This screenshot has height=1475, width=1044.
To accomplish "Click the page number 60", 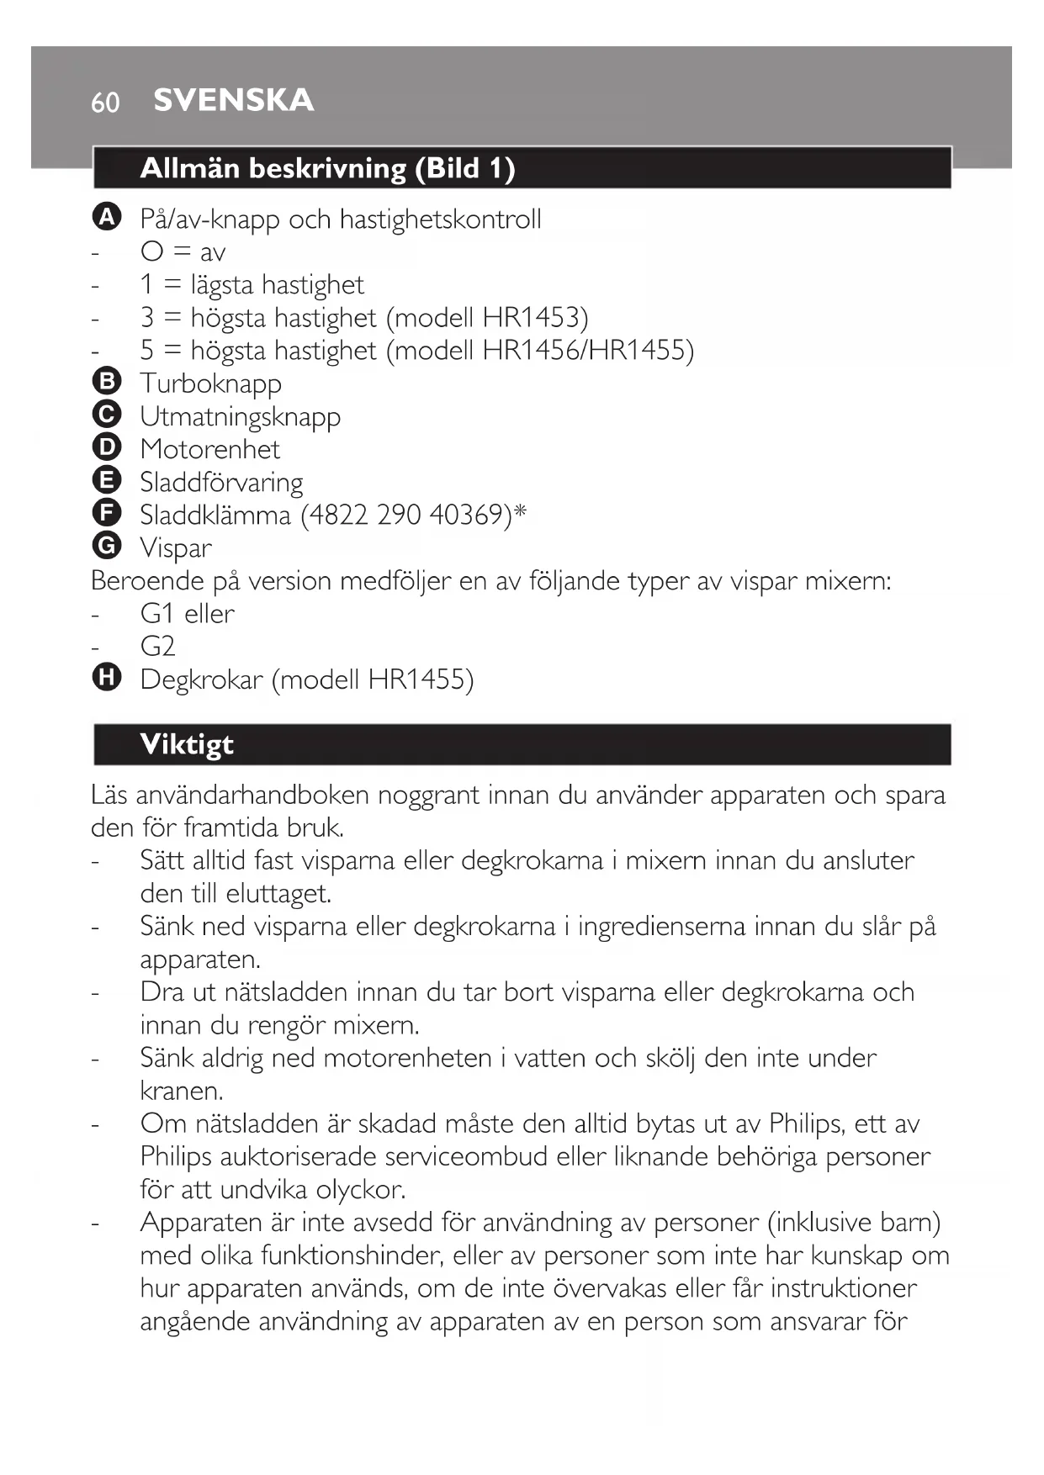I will pos(105,103).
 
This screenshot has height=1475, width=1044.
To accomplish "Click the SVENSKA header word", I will pos(234,100).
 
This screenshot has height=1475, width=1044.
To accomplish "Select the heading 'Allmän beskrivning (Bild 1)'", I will pos(327,168).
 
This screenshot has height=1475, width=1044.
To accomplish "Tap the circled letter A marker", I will pos(107,217).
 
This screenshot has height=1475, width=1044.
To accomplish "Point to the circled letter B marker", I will pos(107,382).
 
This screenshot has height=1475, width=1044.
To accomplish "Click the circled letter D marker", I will pos(107,447).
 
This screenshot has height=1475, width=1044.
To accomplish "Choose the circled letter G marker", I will pos(107,546).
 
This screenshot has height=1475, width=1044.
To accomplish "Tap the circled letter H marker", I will pos(107,678).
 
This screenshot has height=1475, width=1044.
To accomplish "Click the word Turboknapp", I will pos(210,383).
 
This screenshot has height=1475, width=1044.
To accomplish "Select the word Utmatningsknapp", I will pos(240,417).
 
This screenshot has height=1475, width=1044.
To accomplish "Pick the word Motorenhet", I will pos(209,449).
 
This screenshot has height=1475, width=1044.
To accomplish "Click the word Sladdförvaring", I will pos(221,483).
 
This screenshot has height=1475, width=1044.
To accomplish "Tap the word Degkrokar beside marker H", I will pos(201,679).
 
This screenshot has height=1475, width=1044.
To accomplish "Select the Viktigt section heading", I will pos(187,744).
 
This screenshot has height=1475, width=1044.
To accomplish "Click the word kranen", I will pos(182,1091).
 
